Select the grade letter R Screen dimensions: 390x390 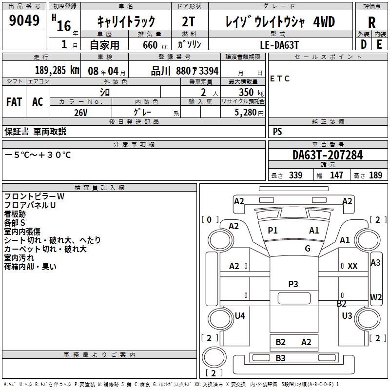pos(371,22)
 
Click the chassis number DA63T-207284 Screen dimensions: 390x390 pos(328,156)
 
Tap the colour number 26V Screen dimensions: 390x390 pos(81,113)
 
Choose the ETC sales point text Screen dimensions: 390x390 pos(280,78)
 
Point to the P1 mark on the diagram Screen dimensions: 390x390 pos(273,231)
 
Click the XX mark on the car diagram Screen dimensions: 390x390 pos(352,266)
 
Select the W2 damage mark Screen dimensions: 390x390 pos(376,297)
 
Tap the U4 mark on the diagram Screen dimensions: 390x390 pos(239,316)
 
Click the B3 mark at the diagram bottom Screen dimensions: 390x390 pos(280,358)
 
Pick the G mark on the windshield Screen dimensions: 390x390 pos(307,248)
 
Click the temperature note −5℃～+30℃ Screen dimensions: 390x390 pos(38,155)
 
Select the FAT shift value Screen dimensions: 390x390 pos(14,102)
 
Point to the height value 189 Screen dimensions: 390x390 pos(376,175)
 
